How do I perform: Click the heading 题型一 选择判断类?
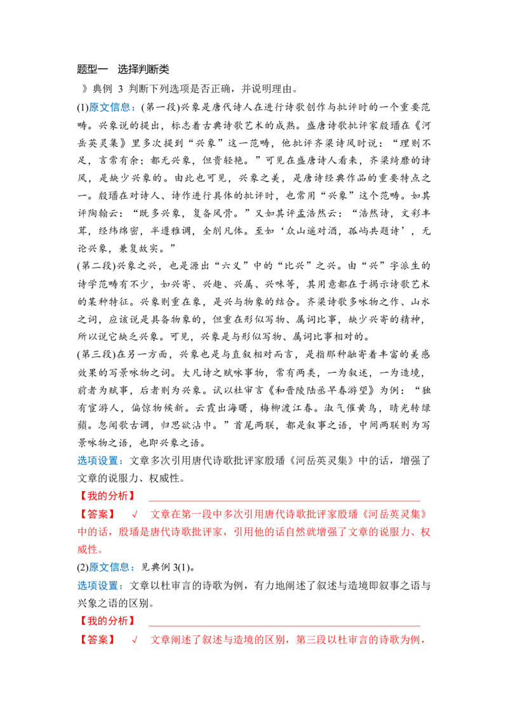click(123, 69)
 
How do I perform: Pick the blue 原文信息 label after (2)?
click(109, 568)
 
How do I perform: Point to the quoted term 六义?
click(232, 266)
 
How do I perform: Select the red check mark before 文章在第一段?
click(135, 514)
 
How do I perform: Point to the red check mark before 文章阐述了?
click(135, 640)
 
